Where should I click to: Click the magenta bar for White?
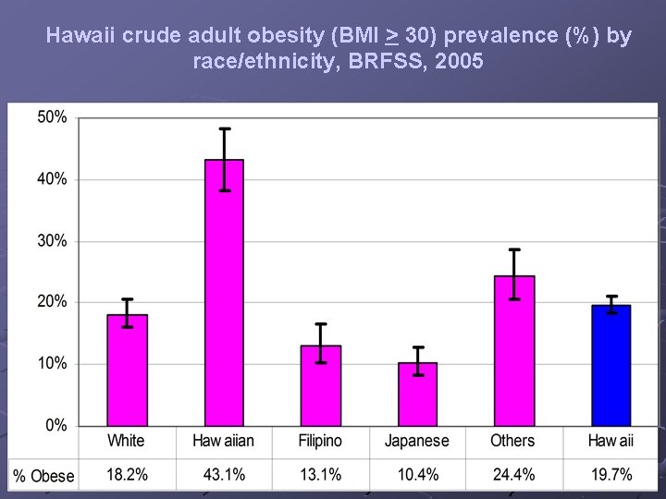[x=127, y=370]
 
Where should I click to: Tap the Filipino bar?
[x=320, y=385]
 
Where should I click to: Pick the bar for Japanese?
[x=417, y=394]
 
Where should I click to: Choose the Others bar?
[x=514, y=351]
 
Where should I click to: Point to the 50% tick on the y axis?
[x=52, y=117]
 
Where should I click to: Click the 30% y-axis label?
[x=52, y=240]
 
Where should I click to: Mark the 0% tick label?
[x=55, y=425]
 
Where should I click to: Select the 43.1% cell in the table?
[x=224, y=475]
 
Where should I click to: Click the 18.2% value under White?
[x=127, y=475]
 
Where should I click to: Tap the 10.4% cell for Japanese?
[x=417, y=475]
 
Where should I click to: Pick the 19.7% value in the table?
[x=610, y=475]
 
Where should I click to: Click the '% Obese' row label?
[x=43, y=476]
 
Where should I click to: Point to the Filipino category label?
[x=320, y=441]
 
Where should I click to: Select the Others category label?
[x=512, y=441]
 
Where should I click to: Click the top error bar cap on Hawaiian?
[x=224, y=128]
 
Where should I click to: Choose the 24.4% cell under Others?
[x=514, y=475]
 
